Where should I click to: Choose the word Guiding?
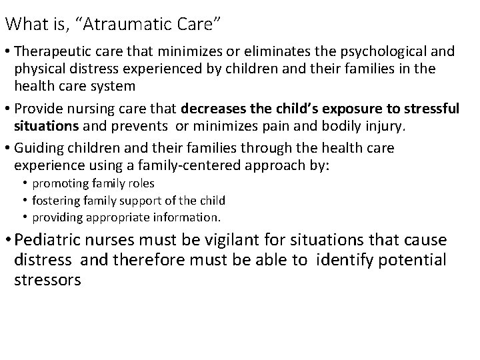37,147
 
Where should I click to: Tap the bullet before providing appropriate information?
25,217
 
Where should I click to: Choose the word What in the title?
23,24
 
